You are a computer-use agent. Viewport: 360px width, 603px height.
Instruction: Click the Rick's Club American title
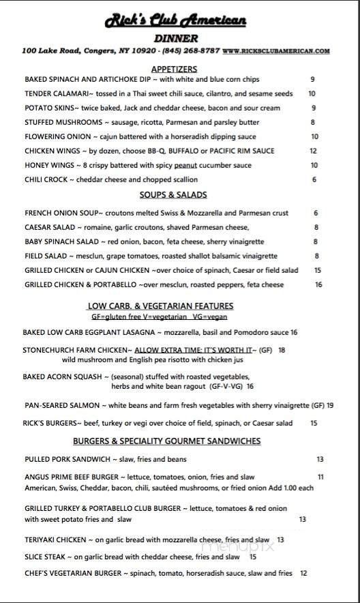pyautogui.click(x=175, y=21)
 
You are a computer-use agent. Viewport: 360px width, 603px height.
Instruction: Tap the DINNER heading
pyautogui.click(x=175, y=38)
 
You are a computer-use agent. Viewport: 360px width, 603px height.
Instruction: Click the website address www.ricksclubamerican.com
pyautogui.click(x=276, y=50)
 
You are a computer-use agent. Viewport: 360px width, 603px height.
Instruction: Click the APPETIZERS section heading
pyautogui.click(x=174, y=69)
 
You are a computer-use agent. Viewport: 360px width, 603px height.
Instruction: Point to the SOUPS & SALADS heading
pyautogui.click(x=173, y=195)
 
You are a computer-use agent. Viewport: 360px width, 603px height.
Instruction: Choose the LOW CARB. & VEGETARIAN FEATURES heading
pyautogui.click(x=161, y=306)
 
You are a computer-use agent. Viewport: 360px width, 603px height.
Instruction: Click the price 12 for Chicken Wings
pyautogui.click(x=313, y=151)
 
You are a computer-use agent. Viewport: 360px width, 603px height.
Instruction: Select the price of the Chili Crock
pyautogui.click(x=314, y=180)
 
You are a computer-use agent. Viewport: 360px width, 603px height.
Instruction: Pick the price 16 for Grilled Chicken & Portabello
pyautogui.click(x=318, y=285)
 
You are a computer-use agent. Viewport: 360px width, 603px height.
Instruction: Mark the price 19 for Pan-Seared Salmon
pyautogui.click(x=330, y=405)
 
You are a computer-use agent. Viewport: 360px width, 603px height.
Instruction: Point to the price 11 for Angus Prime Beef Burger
pyautogui.click(x=320, y=477)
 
